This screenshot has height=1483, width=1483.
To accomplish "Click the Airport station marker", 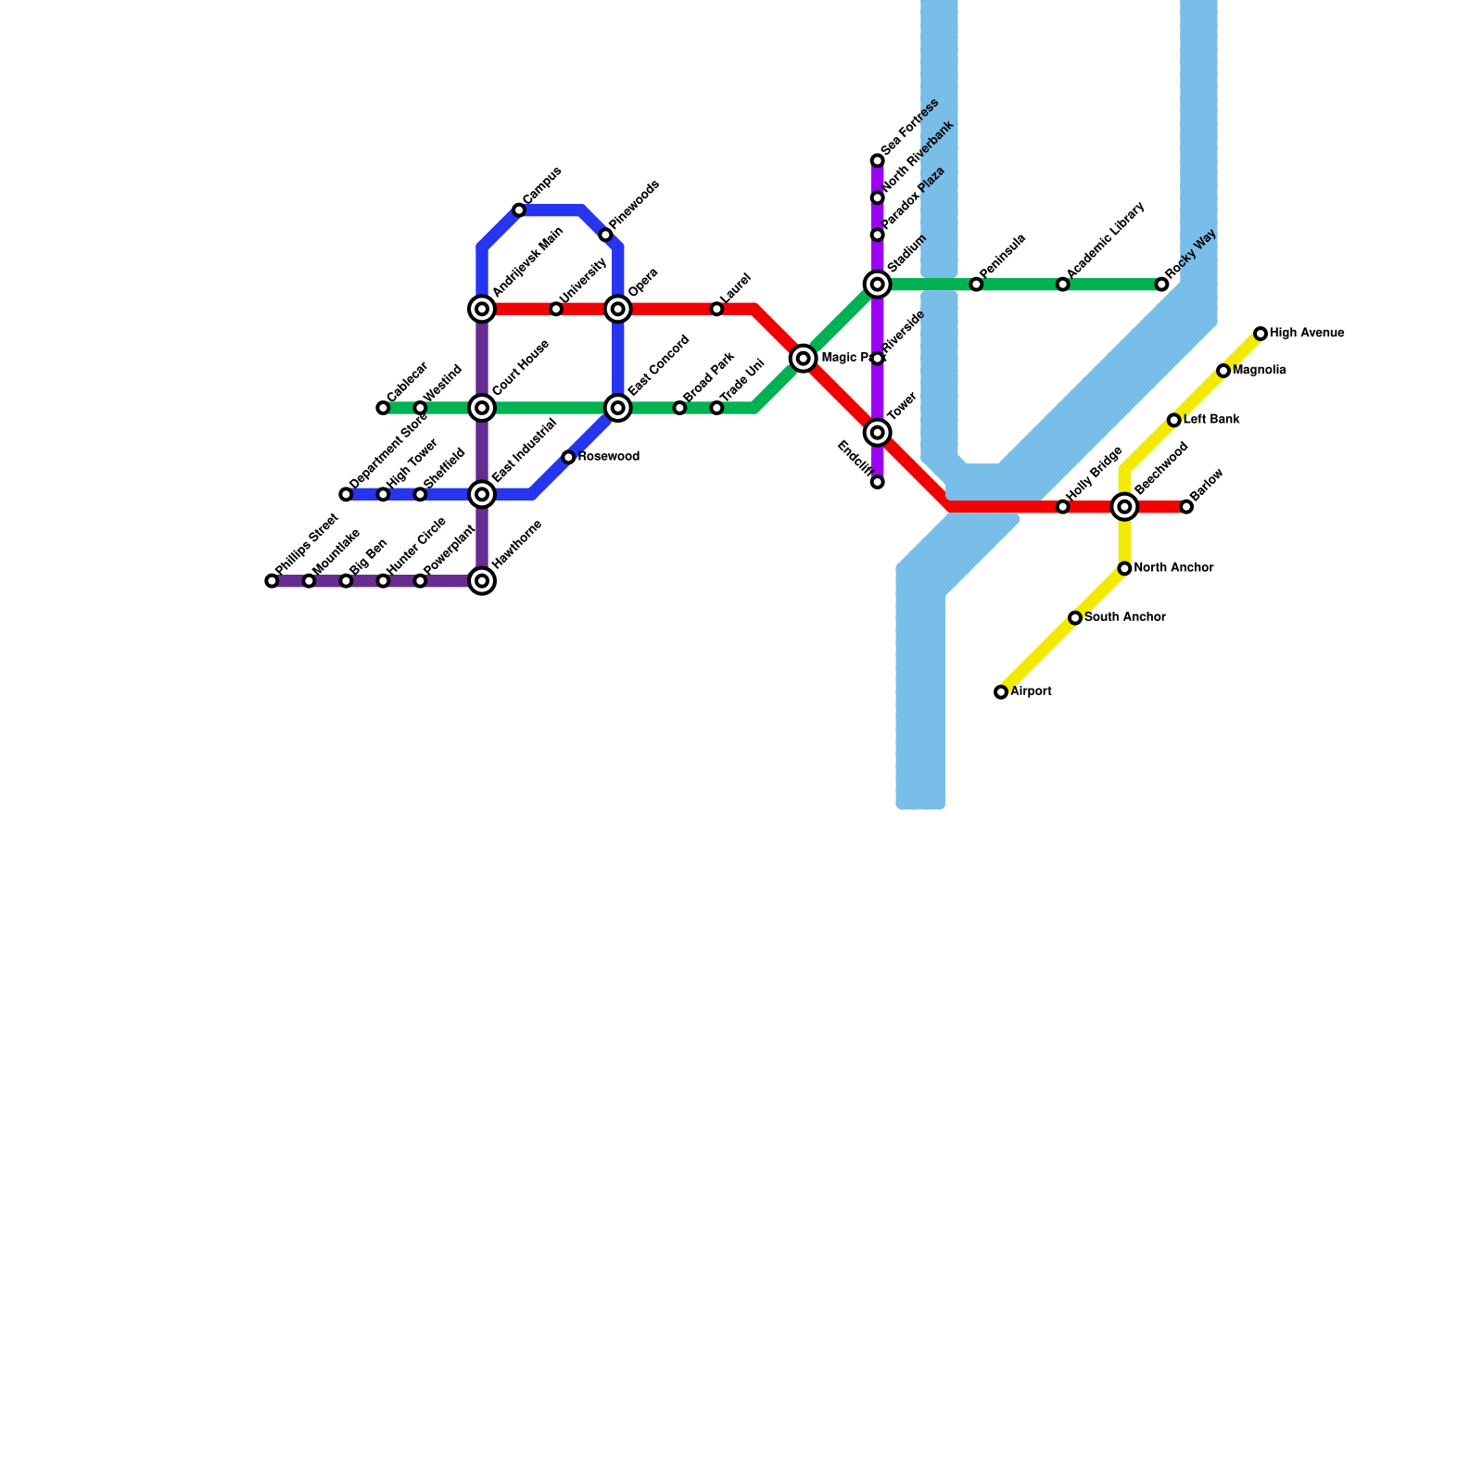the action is pos(1001,692).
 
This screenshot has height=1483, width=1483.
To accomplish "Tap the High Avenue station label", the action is pos(1306,334).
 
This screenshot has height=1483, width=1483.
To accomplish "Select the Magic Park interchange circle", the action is pos(804,359).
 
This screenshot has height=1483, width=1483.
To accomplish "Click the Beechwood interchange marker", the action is pos(1124,506).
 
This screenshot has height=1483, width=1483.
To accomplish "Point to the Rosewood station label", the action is pos(608,457).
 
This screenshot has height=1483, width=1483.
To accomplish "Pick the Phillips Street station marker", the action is pos(272,581).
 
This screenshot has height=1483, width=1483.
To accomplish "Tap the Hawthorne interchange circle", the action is pos(482,581).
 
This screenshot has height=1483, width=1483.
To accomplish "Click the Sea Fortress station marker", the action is pos(877,161).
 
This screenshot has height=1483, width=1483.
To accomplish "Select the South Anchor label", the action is pos(1124,617).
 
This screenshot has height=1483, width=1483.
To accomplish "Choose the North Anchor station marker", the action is pos(1124,568).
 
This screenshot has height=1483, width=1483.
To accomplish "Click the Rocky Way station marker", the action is pos(1161,285).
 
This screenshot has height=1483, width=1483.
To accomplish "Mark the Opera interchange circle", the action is pos(618,309).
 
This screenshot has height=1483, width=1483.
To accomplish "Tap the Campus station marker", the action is pos(519,210).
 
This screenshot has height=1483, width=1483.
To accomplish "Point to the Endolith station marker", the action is pos(877,482).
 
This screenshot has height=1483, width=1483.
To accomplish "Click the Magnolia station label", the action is pos(1259,371).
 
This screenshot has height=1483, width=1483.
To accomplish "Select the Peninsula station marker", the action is pos(976,285).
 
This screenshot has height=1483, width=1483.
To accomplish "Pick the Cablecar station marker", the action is pos(383,408).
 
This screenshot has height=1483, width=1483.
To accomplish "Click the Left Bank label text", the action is pos(1211,420).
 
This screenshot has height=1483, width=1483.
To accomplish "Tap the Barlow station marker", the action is pos(1186,506).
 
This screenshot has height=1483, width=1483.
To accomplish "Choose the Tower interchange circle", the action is pos(877,433).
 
